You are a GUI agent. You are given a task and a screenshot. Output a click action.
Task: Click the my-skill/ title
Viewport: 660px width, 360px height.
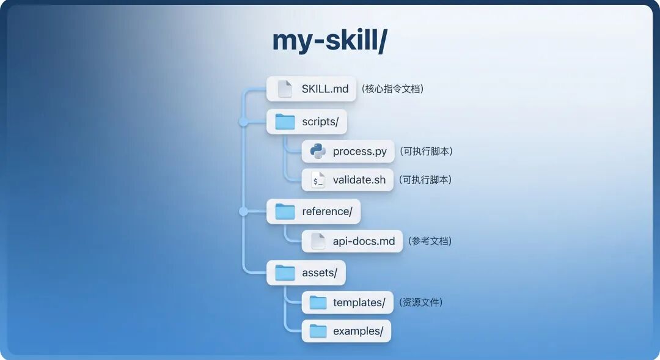click(x=329, y=41)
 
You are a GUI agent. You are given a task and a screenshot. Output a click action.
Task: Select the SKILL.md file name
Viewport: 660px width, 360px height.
click(x=325, y=89)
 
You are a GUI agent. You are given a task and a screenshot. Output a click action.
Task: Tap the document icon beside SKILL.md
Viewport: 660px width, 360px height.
click(x=285, y=89)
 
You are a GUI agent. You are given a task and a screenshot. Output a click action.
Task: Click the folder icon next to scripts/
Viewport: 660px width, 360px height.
click(x=285, y=122)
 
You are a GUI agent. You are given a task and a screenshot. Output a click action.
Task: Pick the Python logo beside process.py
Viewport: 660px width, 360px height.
click(x=318, y=151)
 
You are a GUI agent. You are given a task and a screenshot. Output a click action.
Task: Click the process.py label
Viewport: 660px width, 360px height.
click(x=359, y=152)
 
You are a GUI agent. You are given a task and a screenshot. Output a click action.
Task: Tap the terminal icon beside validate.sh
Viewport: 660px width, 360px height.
click(x=318, y=180)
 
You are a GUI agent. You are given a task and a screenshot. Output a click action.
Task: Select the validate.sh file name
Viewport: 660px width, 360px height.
click(x=359, y=180)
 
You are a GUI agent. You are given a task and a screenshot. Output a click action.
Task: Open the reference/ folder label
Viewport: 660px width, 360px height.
click(x=327, y=211)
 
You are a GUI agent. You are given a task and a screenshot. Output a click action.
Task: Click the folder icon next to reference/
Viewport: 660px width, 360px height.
click(x=285, y=211)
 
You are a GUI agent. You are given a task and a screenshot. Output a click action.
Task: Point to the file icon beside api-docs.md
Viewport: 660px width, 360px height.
click(x=318, y=241)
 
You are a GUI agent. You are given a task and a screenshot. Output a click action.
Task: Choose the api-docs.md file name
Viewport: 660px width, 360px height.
click(x=364, y=241)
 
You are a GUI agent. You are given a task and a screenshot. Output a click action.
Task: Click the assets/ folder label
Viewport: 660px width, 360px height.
click(x=319, y=273)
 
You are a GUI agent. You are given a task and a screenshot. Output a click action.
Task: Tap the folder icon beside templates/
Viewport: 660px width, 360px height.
click(x=318, y=302)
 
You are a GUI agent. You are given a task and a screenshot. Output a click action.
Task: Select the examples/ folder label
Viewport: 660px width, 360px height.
click(x=358, y=331)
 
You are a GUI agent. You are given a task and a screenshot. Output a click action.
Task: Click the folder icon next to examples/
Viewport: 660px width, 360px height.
click(x=318, y=331)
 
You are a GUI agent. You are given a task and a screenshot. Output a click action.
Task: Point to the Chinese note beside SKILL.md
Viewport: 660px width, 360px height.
click(x=392, y=89)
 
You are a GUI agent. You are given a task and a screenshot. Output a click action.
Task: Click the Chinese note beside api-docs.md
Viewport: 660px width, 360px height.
click(x=431, y=241)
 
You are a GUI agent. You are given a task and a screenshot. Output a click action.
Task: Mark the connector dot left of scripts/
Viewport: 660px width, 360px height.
click(x=243, y=122)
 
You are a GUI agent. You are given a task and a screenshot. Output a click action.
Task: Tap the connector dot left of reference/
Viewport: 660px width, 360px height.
click(x=243, y=211)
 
